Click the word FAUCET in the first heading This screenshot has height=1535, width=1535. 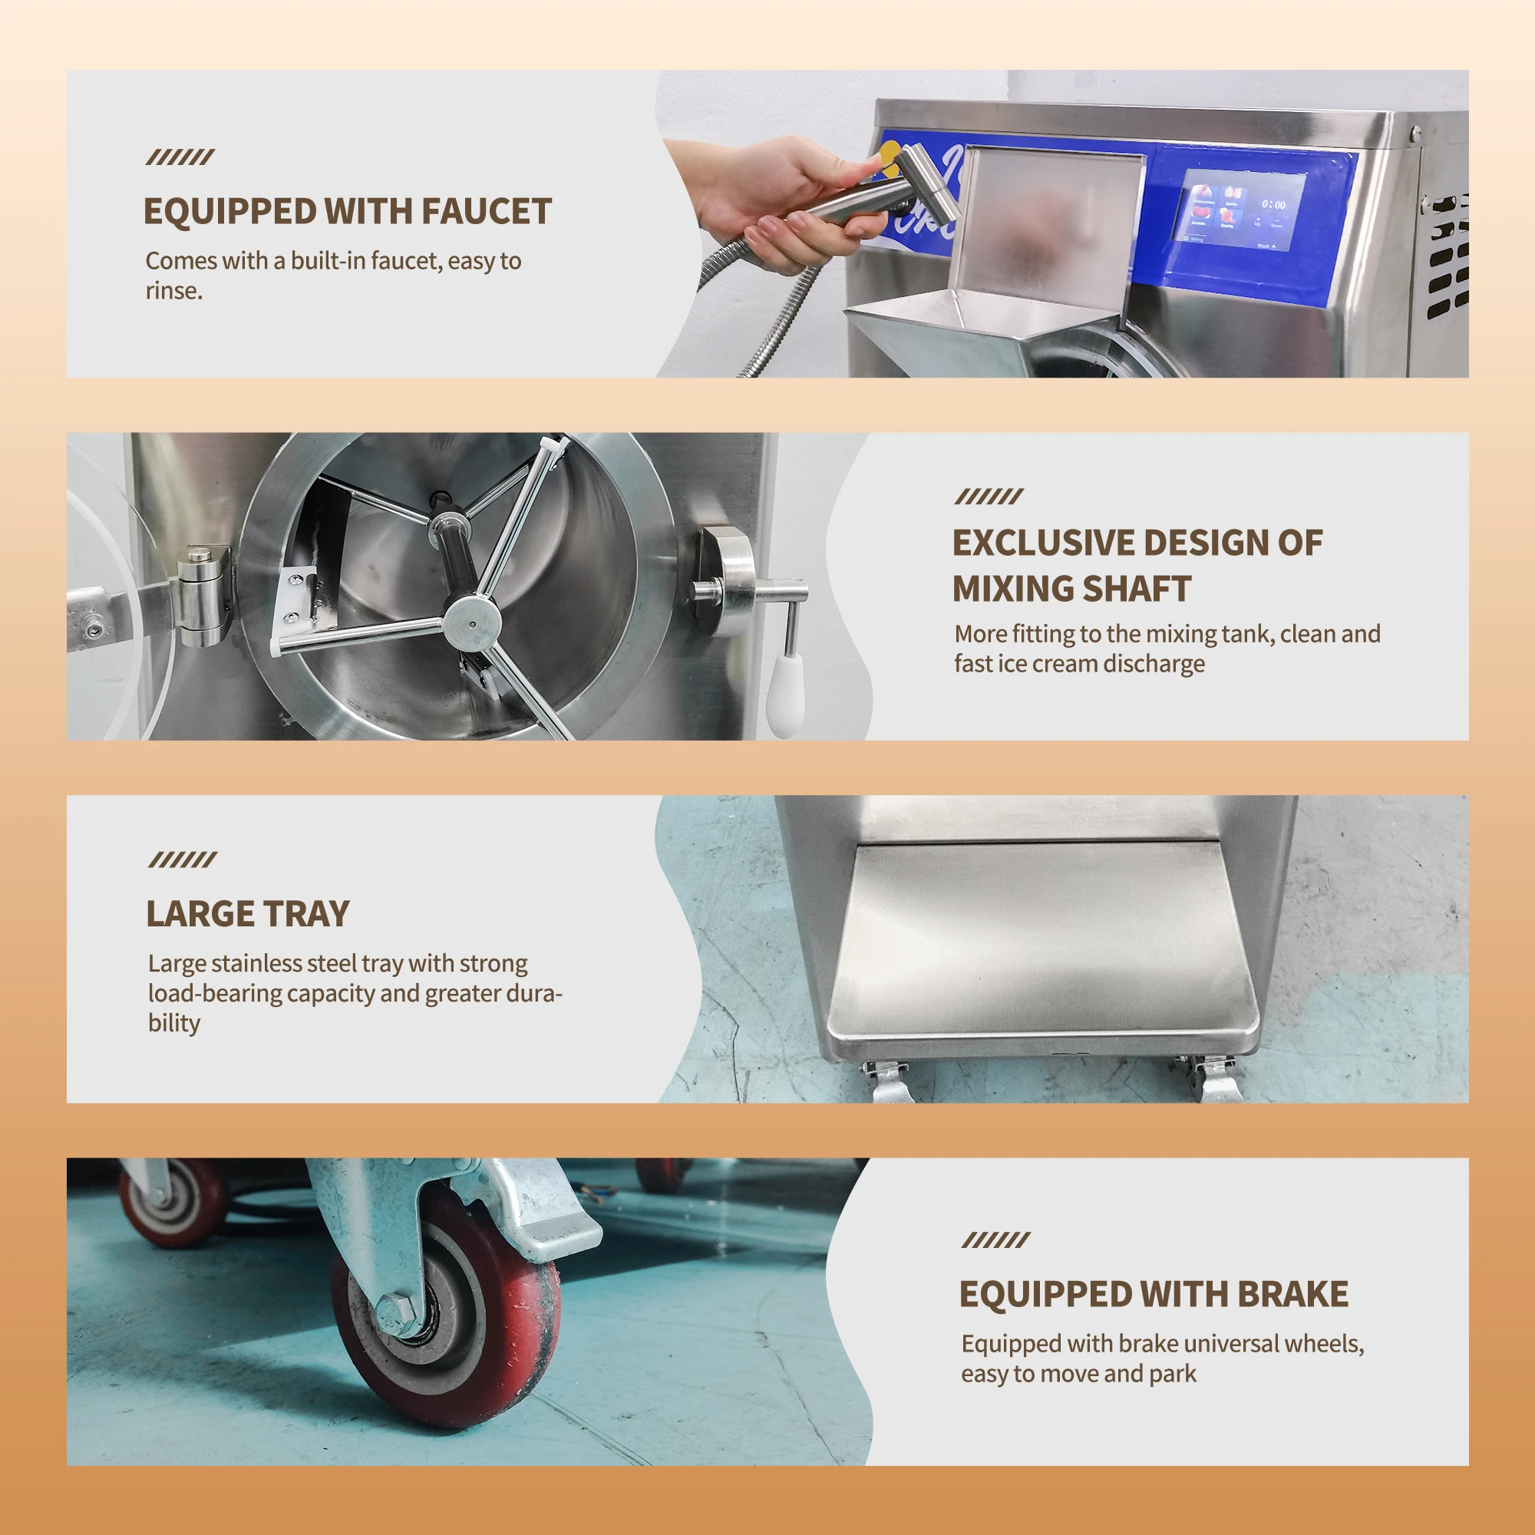(x=486, y=211)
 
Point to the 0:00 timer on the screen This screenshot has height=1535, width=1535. (x=1273, y=204)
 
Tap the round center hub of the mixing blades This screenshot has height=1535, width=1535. (x=471, y=622)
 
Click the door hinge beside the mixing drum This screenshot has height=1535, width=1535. (x=203, y=595)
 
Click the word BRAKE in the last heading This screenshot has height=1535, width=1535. (x=1292, y=1294)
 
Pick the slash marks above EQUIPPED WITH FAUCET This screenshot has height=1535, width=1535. (x=180, y=157)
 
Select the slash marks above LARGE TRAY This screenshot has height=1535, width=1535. (x=182, y=860)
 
